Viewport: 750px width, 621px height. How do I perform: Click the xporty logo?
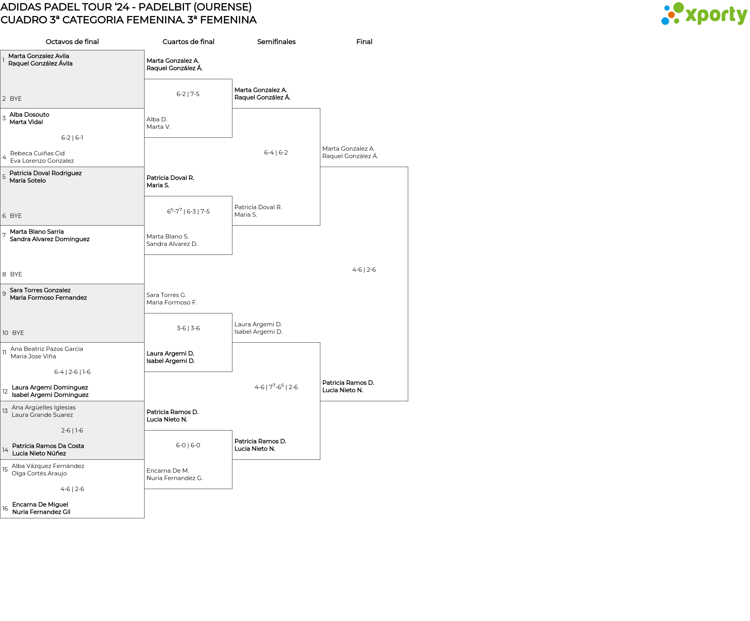coord(704,14)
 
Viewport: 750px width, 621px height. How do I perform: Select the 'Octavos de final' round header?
coord(72,42)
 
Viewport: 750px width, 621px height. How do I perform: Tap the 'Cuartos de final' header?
coord(188,42)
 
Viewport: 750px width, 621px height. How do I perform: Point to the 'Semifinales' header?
coord(276,42)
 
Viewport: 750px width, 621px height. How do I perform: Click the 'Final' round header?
coord(364,42)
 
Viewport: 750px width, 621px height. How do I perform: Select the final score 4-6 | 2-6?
coord(364,270)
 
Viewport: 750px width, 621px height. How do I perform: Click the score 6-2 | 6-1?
coord(72,138)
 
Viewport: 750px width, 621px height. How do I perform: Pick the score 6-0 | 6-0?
coord(188,445)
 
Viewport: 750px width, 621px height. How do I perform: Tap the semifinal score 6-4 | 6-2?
coord(276,153)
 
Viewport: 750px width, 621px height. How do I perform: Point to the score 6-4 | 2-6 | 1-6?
coord(72,372)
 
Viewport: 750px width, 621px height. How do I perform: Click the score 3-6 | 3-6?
coord(188,328)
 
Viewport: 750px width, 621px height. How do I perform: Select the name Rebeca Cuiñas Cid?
coord(37,153)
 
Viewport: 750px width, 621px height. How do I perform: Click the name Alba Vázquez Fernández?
coord(48,466)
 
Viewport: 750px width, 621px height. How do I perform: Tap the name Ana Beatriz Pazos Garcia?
coord(47,349)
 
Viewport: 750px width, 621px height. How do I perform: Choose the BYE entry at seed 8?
coord(16,274)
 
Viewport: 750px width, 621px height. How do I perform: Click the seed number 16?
coord(5,509)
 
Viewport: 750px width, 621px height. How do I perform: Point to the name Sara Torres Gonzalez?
coord(40,290)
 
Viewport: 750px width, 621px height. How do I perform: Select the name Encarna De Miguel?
coord(40,505)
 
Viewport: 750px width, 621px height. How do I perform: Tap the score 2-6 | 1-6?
coord(72,431)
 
